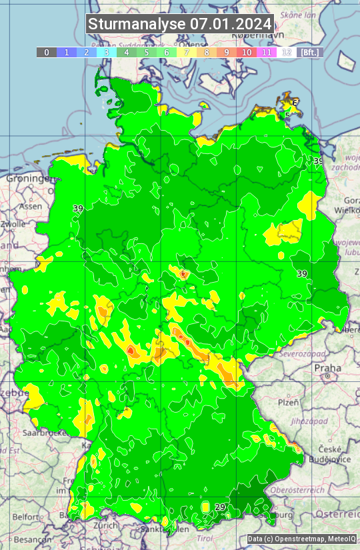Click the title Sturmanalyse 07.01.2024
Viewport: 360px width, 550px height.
180,24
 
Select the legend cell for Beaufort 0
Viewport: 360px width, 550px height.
46,52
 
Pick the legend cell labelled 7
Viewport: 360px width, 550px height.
187,52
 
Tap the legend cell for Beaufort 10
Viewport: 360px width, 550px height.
247,52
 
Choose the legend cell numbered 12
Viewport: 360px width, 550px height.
287,52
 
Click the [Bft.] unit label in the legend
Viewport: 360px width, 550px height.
310,52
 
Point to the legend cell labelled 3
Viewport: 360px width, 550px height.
106,52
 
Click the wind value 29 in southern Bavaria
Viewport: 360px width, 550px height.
220,507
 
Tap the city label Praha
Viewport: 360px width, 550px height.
328,368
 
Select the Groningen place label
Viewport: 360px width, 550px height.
27,179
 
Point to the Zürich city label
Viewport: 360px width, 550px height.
106,525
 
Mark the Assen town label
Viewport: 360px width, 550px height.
30,207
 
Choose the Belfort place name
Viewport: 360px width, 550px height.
26,517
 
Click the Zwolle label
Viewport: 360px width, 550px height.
13,224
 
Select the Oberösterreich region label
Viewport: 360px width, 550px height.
315,490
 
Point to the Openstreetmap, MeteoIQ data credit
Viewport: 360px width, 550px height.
303,539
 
